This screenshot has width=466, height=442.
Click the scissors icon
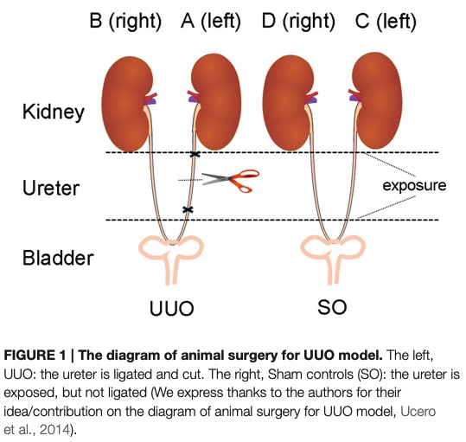[x=231, y=180]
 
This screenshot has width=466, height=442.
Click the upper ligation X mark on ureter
[x=195, y=156]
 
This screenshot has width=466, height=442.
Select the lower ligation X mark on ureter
[x=187, y=210]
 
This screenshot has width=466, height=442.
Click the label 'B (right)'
[x=126, y=22]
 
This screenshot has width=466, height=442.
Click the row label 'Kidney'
[x=54, y=112]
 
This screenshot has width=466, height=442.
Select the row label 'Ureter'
[x=53, y=186]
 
